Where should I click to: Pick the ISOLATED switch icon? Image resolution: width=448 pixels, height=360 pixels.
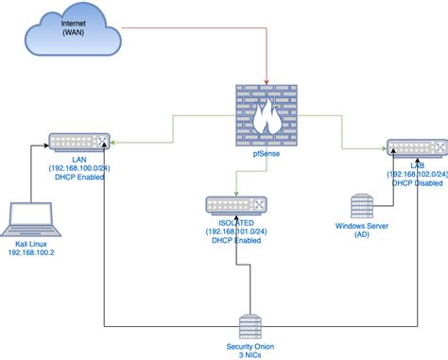[236, 204]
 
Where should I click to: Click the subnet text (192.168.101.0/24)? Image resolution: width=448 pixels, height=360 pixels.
[236, 231]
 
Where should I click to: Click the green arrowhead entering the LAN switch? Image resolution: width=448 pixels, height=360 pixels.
[112, 144]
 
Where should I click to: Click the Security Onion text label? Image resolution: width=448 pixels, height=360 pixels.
[250, 345]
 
